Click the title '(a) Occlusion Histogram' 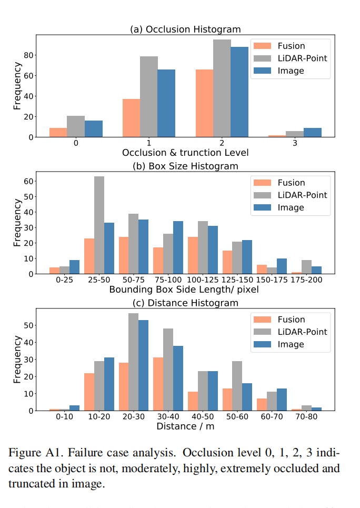185,29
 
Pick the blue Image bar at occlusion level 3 312,132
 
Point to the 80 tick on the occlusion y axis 29,55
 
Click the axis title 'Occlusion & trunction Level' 185,153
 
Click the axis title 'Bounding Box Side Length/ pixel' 185,290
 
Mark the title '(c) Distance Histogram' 185,303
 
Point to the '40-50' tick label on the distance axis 203,417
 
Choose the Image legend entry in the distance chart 290,344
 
